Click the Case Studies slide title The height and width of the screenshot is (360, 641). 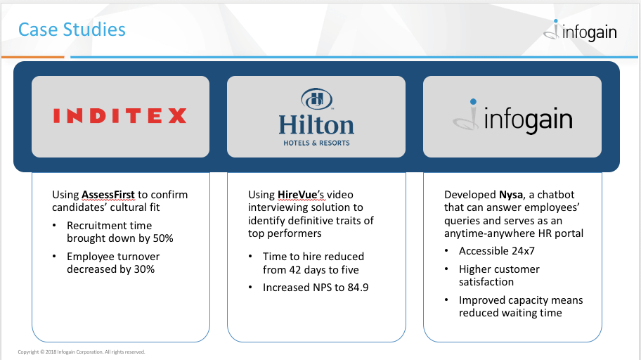point(72,30)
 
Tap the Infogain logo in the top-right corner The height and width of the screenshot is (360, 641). point(581,31)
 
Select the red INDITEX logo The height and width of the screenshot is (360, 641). point(119,116)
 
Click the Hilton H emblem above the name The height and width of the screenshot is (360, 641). point(317,99)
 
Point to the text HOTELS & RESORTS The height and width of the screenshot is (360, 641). point(317,143)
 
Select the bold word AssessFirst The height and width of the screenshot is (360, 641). point(108,195)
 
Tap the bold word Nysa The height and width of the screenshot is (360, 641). point(510,195)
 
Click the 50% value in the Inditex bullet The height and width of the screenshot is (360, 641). point(163,238)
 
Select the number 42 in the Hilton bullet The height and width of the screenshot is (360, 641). point(295,270)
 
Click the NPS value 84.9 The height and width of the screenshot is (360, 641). point(358,288)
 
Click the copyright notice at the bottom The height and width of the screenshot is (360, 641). point(82,352)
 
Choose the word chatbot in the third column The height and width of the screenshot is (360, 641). point(555,195)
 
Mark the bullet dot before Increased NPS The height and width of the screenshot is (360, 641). point(250,288)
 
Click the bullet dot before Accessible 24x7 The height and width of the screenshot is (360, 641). point(446,251)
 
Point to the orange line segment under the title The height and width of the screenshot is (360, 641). point(33,57)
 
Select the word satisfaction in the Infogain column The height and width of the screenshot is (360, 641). point(486,282)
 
